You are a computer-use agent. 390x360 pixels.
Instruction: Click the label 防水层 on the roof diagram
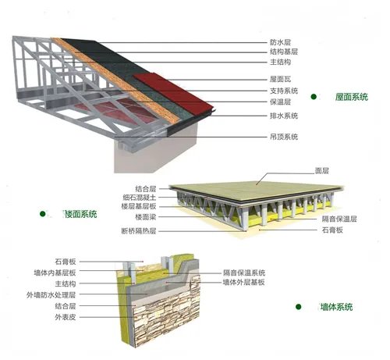click(280, 42)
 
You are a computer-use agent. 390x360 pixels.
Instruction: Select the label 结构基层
click(284, 52)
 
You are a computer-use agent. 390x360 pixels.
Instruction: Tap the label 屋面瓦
click(280, 79)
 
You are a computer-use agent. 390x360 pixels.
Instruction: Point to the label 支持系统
click(284, 91)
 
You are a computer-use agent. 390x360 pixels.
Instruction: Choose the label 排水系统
click(284, 116)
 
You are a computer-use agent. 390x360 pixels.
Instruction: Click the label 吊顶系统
click(284, 137)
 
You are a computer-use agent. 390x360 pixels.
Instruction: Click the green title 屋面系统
click(352, 97)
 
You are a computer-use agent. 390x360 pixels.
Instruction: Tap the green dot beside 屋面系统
click(314, 97)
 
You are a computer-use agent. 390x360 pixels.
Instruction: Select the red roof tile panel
click(174, 93)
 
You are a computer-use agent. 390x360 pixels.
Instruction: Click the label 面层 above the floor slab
click(322, 171)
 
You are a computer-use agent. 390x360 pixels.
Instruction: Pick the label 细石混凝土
click(140, 198)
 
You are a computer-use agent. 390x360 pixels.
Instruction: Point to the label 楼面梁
click(146, 216)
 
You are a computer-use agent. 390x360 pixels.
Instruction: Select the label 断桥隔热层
click(139, 230)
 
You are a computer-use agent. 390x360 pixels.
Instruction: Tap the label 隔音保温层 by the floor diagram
click(339, 219)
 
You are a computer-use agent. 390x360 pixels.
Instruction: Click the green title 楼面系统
click(80, 214)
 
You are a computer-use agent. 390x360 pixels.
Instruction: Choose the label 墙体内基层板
click(55, 273)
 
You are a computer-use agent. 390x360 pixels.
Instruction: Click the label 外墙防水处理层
click(51, 294)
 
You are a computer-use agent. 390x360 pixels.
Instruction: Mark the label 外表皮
click(66, 317)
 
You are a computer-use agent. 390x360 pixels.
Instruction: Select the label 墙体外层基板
click(243, 282)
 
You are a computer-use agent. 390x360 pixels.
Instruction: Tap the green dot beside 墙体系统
click(299, 307)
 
